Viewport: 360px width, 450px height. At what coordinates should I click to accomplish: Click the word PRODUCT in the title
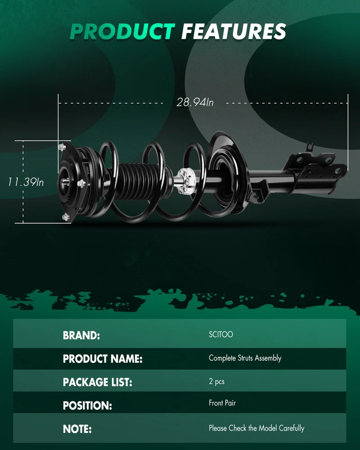(x=122, y=31)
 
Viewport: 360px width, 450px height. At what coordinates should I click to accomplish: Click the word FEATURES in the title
(x=234, y=31)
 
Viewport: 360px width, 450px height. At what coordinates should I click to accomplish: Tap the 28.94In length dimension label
(x=195, y=102)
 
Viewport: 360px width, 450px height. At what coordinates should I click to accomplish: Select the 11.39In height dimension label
(x=26, y=182)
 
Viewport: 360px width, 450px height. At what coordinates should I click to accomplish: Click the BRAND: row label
(x=81, y=335)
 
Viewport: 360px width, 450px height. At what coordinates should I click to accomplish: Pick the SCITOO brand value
(x=221, y=334)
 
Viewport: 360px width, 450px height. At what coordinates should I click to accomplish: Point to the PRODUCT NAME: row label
(x=103, y=359)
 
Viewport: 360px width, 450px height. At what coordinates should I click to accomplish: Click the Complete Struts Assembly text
(x=245, y=358)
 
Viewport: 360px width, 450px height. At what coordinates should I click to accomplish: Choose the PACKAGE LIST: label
(x=97, y=382)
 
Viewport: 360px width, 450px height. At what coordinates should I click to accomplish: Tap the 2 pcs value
(x=216, y=382)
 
